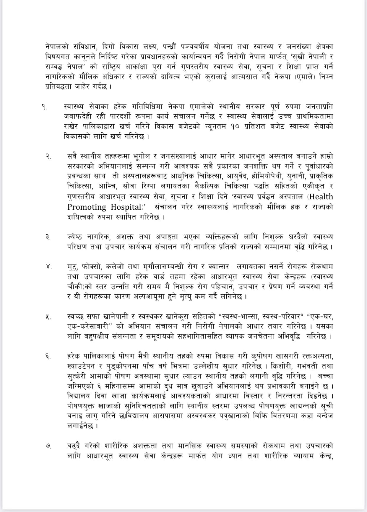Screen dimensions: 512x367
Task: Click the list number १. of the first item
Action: pyautogui.click(x=44, y=107)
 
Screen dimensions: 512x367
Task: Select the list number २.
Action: pyautogui.click(x=48, y=156)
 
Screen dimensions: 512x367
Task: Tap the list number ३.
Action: pyautogui.click(x=48, y=237)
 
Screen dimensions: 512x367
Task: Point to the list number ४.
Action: pyautogui.click(x=49, y=267)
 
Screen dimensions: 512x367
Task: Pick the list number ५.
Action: pyautogui.click(x=48, y=317)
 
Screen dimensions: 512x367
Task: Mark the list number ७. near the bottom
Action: pyautogui.click(x=48, y=446)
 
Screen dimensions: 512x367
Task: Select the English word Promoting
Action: pyautogui.click(x=87, y=207)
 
